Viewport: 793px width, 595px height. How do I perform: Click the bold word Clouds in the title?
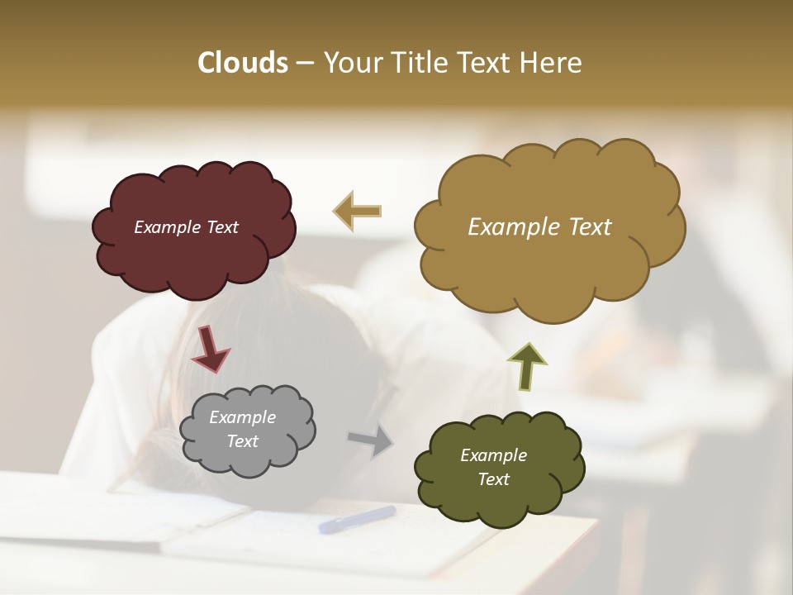pyautogui.click(x=243, y=63)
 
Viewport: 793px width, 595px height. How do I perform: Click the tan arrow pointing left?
pyautogui.click(x=357, y=211)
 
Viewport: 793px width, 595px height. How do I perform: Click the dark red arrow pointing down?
pyautogui.click(x=210, y=348)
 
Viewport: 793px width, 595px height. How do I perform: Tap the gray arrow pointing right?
pyautogui.click(x=371, y=440)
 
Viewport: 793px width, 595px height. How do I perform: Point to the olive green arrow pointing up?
pyautogui.click(x=526, y=365)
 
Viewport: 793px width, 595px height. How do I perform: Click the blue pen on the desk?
pyautogui.click(x=357, y=519)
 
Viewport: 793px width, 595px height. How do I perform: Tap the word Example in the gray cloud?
pyautogui.click(x=242, y=417)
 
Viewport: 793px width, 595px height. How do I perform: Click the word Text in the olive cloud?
pyautogui.click(x=493, y=479)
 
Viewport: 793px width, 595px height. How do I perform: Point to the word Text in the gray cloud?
pyautogui.click(x=242, y=441)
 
